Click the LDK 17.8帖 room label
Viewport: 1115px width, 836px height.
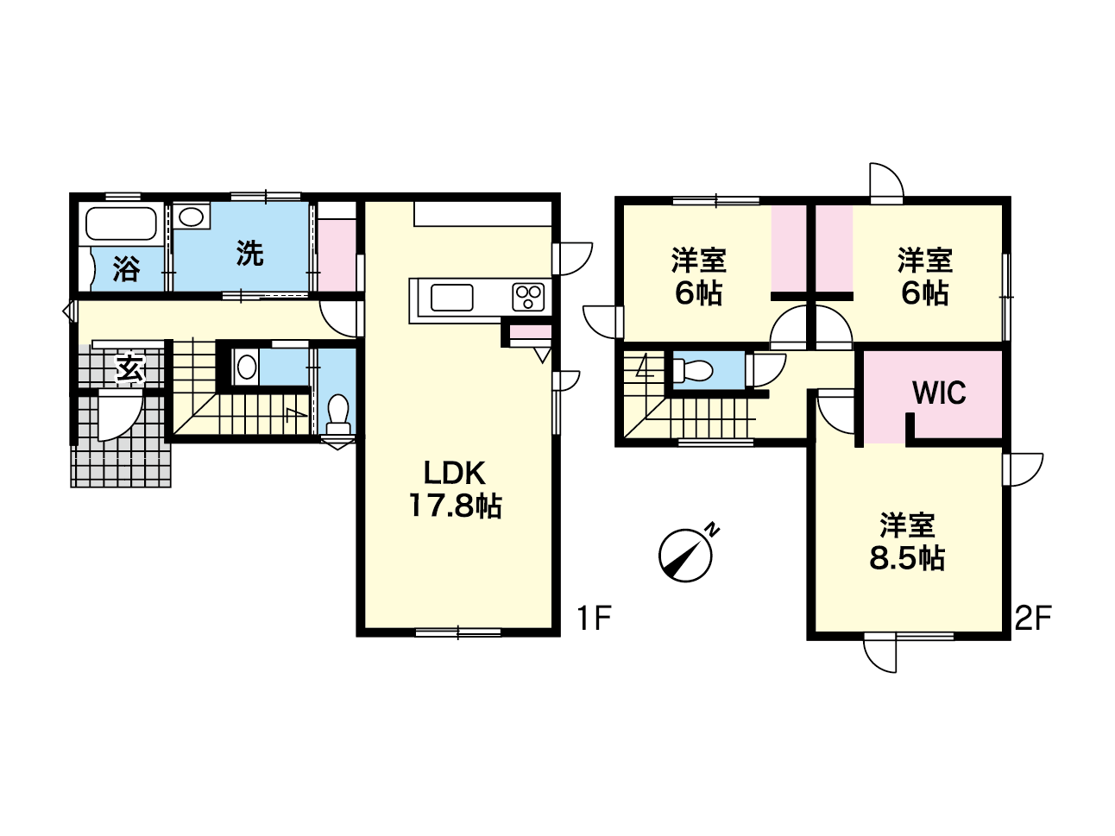(x=455, y=489)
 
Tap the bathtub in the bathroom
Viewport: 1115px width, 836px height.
(x=121, y=223)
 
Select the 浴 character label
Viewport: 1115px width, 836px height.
(x=126, y=269)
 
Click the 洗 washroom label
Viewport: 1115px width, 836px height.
(x=250, y=254)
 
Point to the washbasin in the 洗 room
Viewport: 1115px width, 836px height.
(x=191, y=217)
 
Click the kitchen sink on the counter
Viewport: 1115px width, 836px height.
(x=451, y=298)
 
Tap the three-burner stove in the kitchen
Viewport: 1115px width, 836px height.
(x=528, y=297)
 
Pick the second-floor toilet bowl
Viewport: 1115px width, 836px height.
(x=691, y=370)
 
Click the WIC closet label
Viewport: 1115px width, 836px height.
(x=939, y=393)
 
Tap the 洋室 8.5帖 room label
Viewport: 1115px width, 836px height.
(x=907, y=543)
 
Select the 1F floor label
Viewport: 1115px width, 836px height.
(x=593, y=618)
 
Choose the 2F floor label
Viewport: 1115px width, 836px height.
(x=1033, y=618)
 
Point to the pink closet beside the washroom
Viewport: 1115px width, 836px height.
(x=337, y=255)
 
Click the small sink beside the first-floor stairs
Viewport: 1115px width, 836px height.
(x=246, y=367)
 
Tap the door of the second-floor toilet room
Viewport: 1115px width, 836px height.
(x=767, y=370)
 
